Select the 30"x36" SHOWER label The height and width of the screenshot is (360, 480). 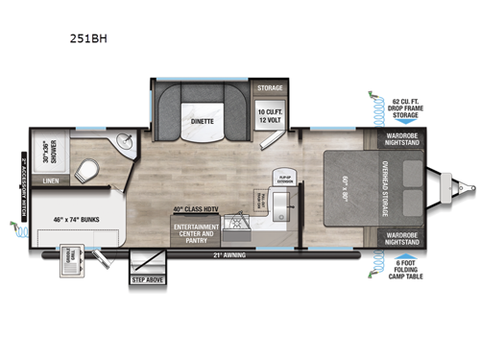tap(43, 154)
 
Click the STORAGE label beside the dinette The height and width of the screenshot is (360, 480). tap(270, 88)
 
